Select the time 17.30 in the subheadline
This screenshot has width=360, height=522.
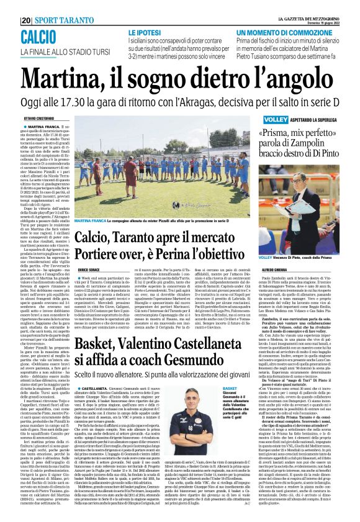click(102, 102)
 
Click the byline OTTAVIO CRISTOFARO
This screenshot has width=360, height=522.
click(38, 118)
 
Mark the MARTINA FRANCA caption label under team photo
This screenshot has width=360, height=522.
click(91, 220)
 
